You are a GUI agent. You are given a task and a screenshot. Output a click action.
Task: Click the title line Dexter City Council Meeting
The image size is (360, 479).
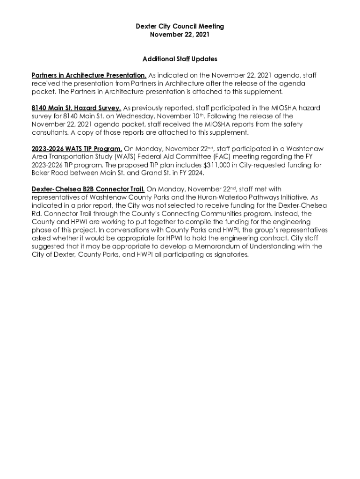tap(180, 26)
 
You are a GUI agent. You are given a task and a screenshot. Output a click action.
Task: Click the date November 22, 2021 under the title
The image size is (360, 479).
tap(180, 35)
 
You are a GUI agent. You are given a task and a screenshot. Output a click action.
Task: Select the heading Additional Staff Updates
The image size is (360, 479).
tap(180, 59)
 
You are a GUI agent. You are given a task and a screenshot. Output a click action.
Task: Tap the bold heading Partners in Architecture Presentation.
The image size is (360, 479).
tap(89, 75)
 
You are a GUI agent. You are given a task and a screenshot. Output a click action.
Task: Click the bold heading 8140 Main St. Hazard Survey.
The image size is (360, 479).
tap(76, 108)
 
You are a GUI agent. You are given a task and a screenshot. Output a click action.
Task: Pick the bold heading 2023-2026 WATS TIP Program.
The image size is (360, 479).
tap(77, 149)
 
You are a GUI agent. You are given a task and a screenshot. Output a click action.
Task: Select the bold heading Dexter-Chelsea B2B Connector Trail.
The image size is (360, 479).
tap(88, 189)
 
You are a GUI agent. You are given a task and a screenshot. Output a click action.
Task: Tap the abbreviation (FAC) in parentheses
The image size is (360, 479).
tap(232, 157)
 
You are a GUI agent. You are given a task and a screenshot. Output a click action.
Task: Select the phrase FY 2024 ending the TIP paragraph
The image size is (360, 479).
tap(192, 174)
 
